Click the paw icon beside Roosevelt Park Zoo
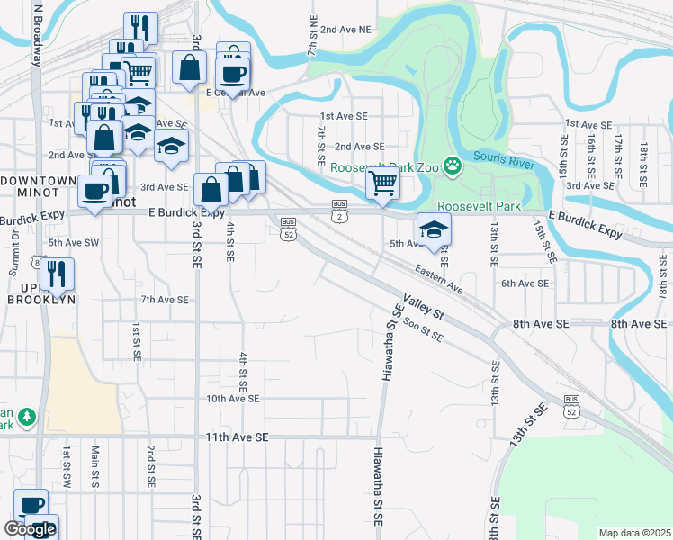[x=451, y=166]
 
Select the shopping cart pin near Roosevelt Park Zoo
[x=383, y=184]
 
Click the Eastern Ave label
[x=438, y=278]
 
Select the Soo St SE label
[x=423, y=329]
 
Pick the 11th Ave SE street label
[x=237, y=436]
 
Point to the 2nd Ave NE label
[x=345, y=30]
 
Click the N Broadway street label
[x=38, y=34]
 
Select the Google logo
[x=29, y=530]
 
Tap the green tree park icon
[x=28, y=416]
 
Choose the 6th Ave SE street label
[x=525, y=283]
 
